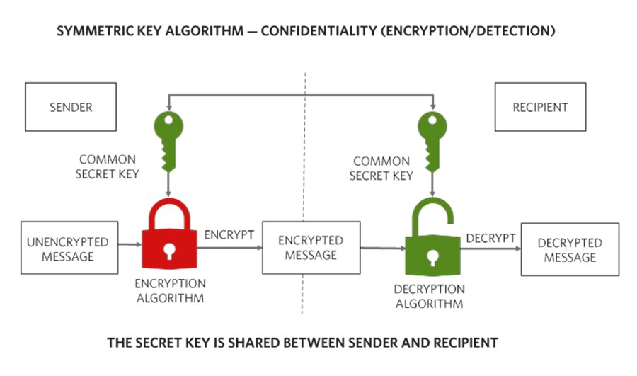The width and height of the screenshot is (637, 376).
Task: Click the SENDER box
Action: point(71,107)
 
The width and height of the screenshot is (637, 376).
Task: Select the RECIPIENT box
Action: point(540,107)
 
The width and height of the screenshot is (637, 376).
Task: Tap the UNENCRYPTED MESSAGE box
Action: point(69,248)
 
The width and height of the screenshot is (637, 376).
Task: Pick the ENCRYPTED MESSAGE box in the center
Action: point(311,248)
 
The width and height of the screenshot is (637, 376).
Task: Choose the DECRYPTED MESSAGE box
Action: point(570,249)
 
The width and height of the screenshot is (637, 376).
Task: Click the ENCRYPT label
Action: point(229,234)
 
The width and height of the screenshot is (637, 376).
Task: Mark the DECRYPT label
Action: point(490,238)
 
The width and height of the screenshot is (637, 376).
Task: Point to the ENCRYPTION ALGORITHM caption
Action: point(170,290)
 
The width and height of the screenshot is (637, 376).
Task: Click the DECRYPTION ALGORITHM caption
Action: point(430,296)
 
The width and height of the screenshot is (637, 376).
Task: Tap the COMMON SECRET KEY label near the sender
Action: point(108,166)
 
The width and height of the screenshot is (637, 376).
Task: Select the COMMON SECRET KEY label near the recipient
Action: point(381,169)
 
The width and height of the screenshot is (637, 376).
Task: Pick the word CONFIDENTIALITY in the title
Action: point(319,31)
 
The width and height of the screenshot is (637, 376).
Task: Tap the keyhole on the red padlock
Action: point(169,251)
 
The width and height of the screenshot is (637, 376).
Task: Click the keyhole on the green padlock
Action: point(432,257)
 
